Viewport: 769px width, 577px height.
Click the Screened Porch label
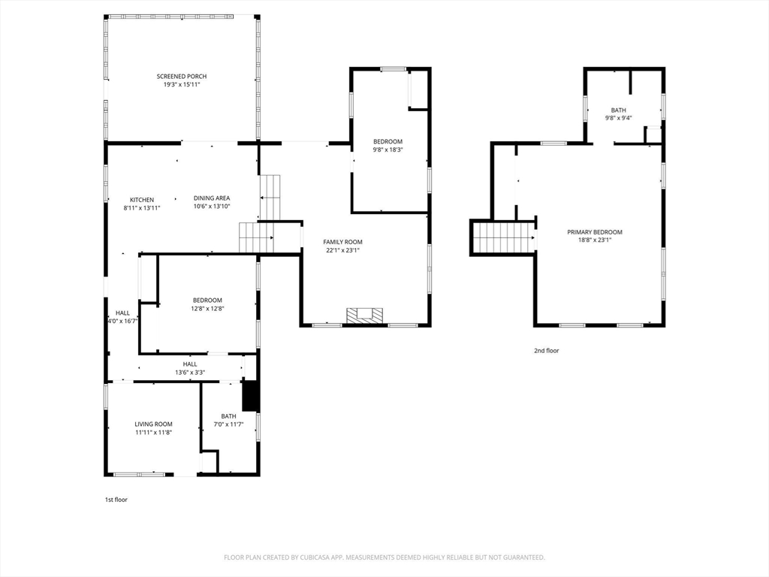tap(182, 77)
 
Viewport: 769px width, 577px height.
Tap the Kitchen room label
tap(142, 200)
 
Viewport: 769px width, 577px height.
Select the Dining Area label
tap(211, 198)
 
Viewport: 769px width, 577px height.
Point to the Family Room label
tap(342, 242)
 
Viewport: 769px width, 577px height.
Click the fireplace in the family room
tap(364, 316)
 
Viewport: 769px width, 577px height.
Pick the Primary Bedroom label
tap(595, 232)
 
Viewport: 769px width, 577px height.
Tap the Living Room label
tap(153, 424)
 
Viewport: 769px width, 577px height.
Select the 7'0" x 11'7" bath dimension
tap(228, 424)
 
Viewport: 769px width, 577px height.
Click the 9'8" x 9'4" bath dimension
tap(619, 118)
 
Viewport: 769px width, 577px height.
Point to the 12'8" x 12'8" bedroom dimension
tap(207, 309)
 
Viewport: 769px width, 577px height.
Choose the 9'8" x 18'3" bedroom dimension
tap(388, 150)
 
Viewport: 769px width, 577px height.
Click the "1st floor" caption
tap(116, 500)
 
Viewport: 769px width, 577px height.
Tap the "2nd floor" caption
tap(547, 351)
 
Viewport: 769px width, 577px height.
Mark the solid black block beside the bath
tap(251, 395)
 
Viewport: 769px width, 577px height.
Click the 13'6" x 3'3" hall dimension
tap(190, 373)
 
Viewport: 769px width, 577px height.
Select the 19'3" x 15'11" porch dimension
tap(182, 84)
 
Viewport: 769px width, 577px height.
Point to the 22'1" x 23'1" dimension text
tap(342, 250)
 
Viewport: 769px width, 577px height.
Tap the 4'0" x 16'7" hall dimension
tap(122, 322)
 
